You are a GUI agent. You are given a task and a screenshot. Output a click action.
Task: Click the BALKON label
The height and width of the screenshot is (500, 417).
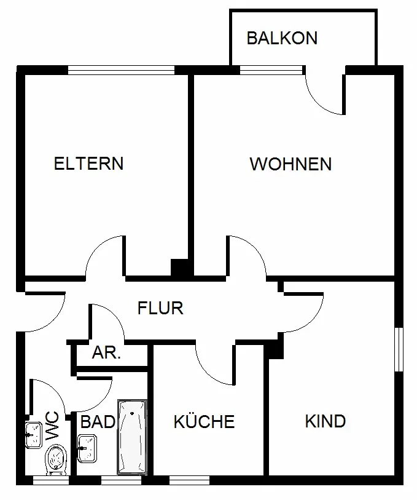pyautogui.click(x=282, y=38)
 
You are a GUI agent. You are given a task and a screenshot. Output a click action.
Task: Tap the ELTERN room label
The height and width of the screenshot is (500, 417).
pyautogui.click(x=89, y=164)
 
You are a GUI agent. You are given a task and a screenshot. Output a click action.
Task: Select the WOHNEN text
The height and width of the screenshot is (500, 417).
pyautogui.click(x=290, y=164)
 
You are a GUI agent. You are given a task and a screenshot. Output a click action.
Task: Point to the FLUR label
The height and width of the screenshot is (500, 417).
pyautogui.click(x=160, y=308)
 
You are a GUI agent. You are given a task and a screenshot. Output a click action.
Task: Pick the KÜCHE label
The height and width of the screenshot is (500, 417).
pyautogui.click(x=204, y=422)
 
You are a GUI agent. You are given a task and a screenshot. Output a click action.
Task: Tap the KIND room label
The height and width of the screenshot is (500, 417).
pyautogui.click(x=325, y=421)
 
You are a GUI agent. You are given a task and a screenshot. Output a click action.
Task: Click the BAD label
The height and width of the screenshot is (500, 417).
pyautogui.click(x=98, y=422)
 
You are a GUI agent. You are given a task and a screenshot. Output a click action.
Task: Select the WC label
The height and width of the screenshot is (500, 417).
pyautogui.click(x=53, y=425)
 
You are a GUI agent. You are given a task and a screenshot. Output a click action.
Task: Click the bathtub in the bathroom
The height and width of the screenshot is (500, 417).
pyautogui.click(x=133, y=436)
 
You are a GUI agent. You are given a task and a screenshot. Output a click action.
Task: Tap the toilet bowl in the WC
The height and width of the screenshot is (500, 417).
pyautogui.click(x=56, y=459)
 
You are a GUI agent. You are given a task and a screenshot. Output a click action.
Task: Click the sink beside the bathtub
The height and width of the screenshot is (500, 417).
pyautogui.click(x=87, y=448)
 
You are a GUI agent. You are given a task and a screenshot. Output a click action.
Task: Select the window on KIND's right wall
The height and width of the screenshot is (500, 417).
pyautogui.click(x=400, y=349)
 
